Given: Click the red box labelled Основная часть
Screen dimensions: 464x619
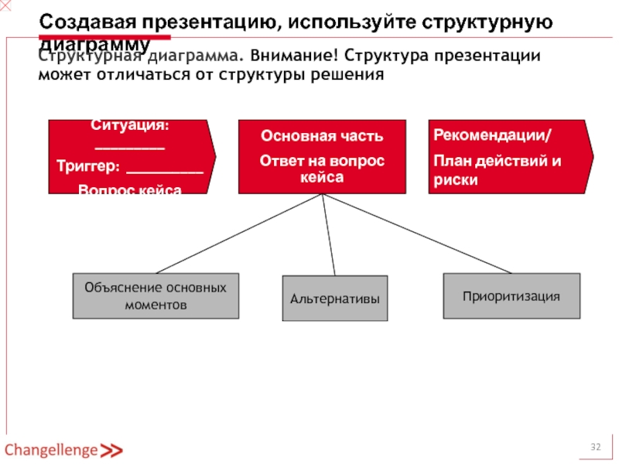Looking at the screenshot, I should tap(321, 156).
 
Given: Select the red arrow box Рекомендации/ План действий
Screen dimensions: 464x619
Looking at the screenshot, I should tap(507, 156).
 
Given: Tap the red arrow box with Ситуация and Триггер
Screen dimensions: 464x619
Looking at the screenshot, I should tap(128, 156).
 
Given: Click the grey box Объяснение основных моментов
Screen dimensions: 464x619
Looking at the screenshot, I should tap(156, 295).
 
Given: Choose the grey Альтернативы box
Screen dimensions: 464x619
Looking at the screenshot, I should tap(334, 299).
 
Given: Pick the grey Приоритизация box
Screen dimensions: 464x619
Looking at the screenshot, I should tap(511, 295).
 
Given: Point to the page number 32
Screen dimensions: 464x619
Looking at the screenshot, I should tap(597, 448).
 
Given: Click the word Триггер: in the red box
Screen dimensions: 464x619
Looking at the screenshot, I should tap(87, 166).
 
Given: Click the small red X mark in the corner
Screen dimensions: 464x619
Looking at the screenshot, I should tap(6, 6).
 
